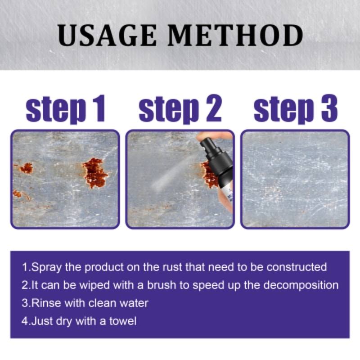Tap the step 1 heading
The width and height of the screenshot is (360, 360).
coord(66,109)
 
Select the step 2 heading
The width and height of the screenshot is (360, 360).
coord(180,109)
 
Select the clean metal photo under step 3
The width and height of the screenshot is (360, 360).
coord(295,179)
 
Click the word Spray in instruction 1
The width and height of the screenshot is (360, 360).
coord(46,267)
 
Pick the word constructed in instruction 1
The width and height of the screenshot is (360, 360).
coord(297,267)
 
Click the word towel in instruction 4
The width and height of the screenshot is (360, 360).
coord(123,321)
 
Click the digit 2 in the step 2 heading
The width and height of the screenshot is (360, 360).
coord(211,109)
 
